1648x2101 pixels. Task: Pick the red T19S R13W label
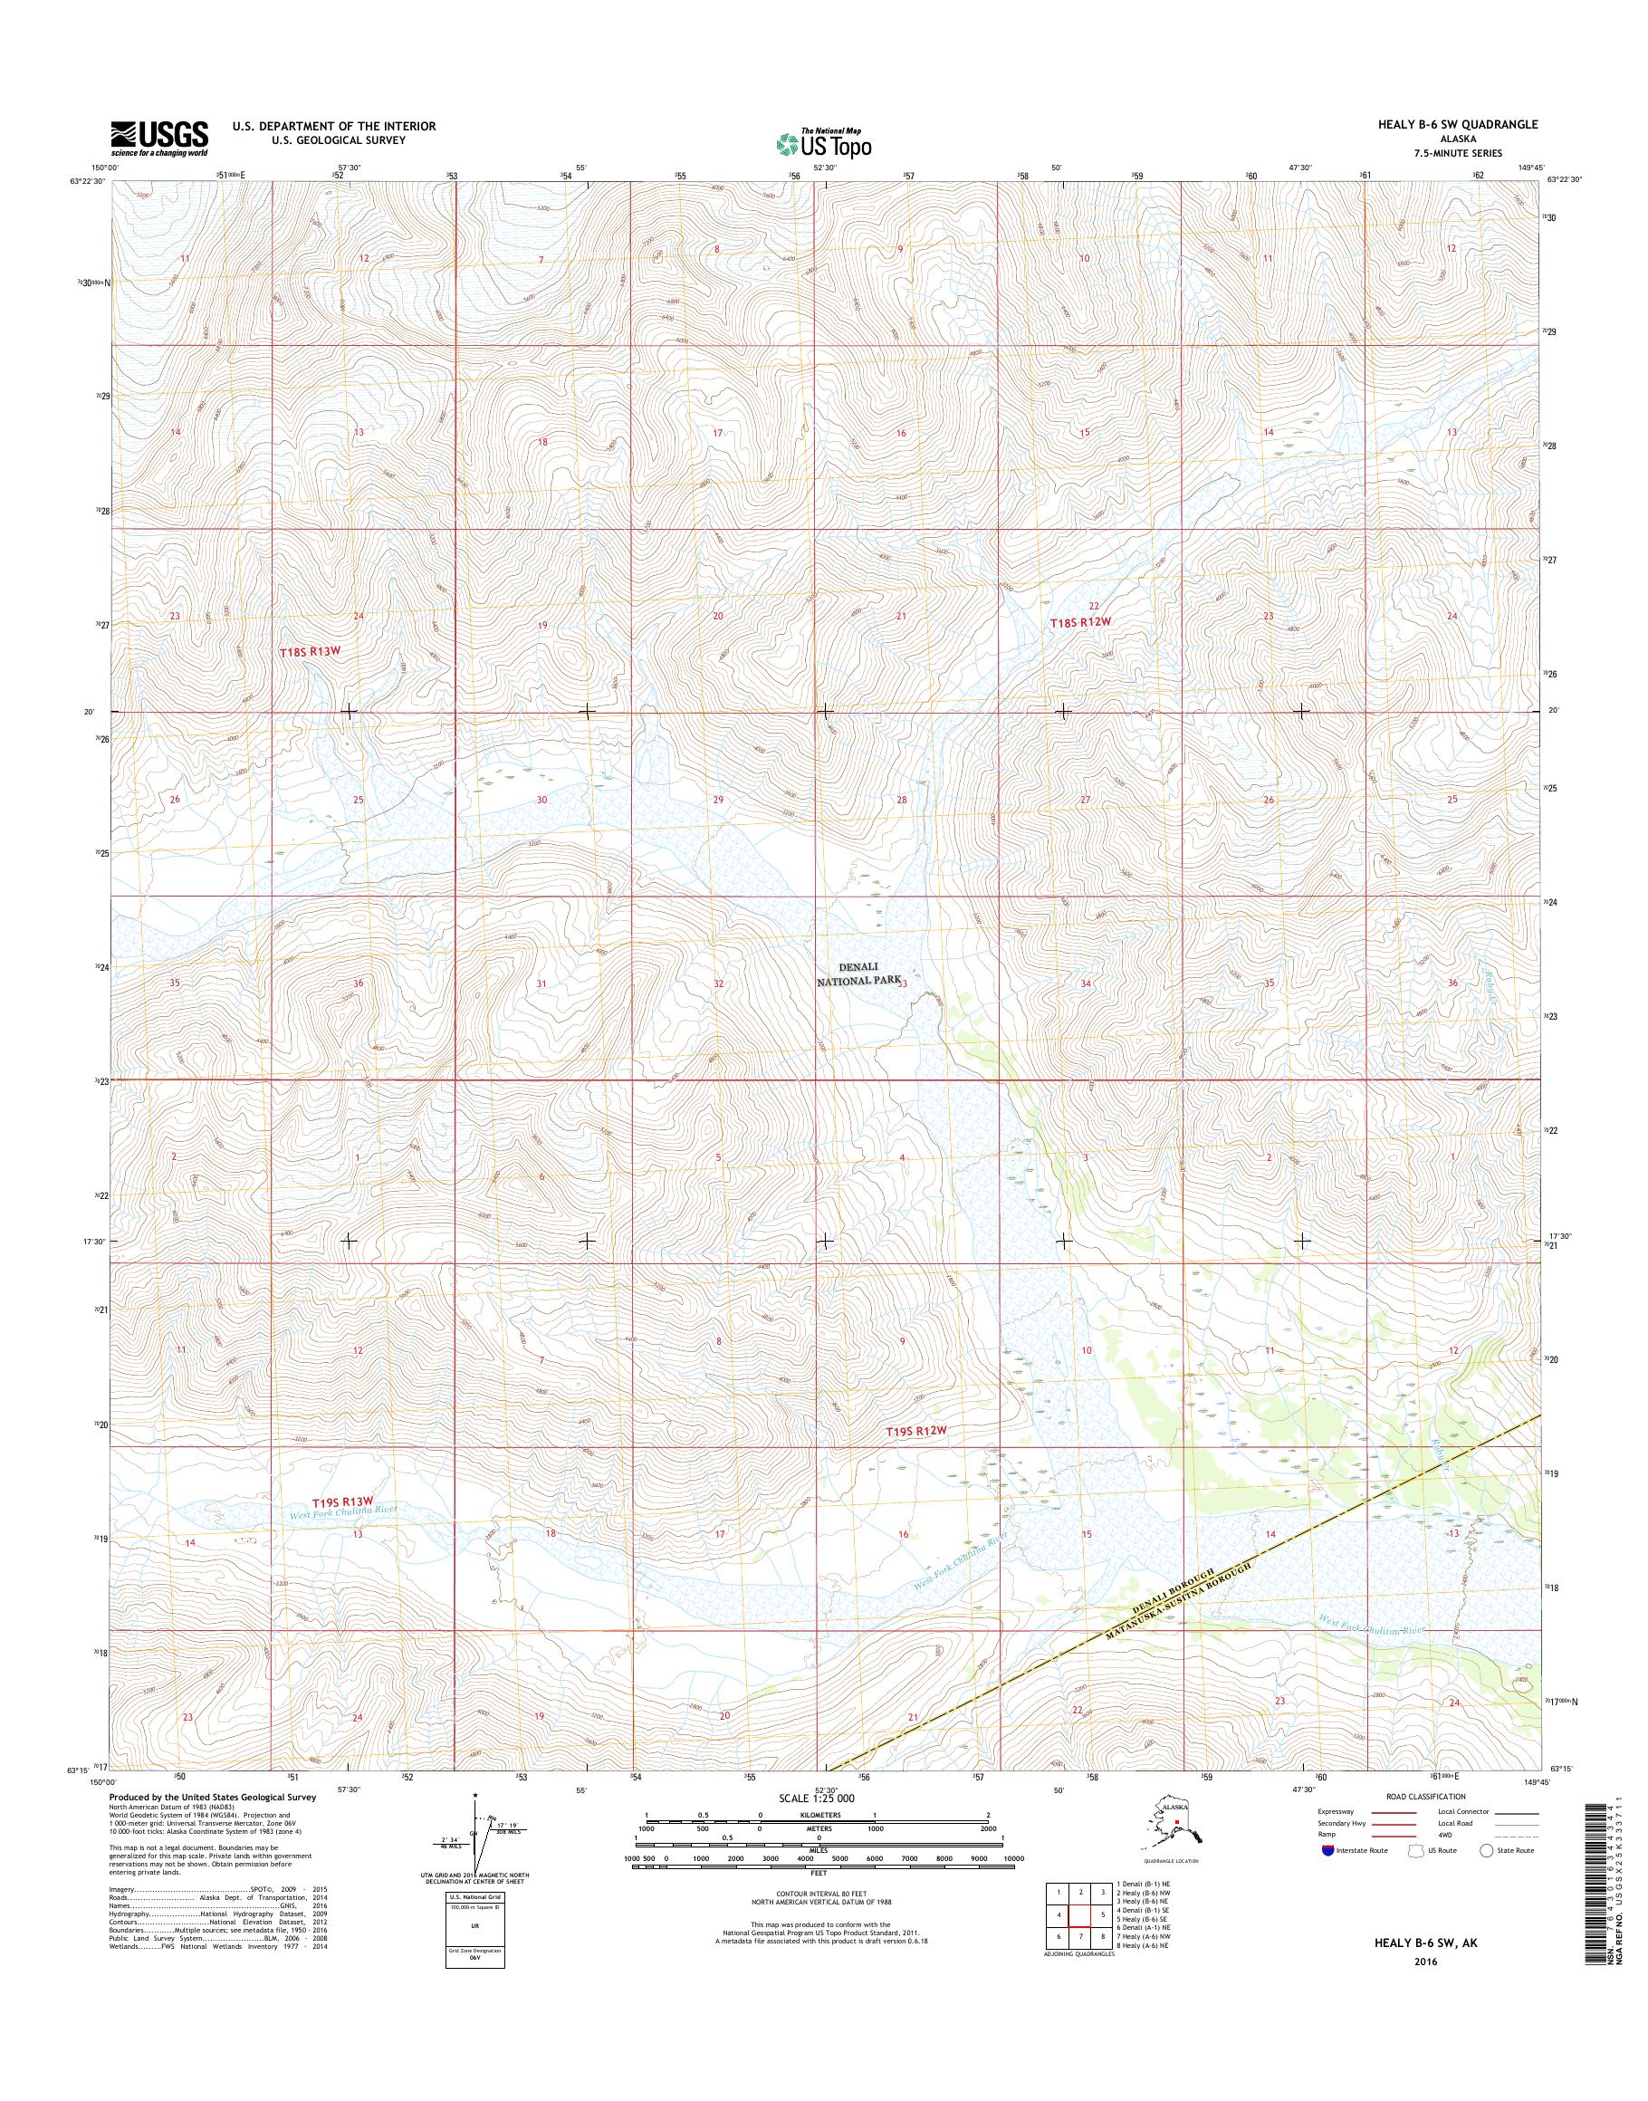click(341, 1502)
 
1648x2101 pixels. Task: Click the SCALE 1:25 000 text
click(816, 1799)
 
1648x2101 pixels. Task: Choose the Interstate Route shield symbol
click(1328, 1850)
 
